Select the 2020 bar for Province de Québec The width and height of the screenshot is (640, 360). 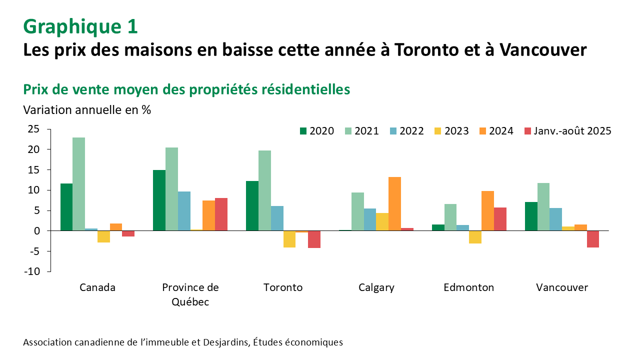point(159,200)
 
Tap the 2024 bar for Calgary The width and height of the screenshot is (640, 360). point(394,203)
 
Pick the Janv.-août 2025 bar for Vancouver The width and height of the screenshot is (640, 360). point(593,239)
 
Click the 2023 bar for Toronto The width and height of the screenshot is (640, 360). point(289,239)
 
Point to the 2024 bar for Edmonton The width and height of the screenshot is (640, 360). point(487,210)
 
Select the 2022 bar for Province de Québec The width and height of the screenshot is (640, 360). point(184,211)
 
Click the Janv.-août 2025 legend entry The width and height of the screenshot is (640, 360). point(567,131)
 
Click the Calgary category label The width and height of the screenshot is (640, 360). point(376,287)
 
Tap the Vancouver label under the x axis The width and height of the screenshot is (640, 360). point(562,287)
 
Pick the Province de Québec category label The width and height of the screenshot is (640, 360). point(190,294)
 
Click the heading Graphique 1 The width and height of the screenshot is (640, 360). point(80,26)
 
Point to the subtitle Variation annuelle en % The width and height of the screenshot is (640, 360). point(87,110)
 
